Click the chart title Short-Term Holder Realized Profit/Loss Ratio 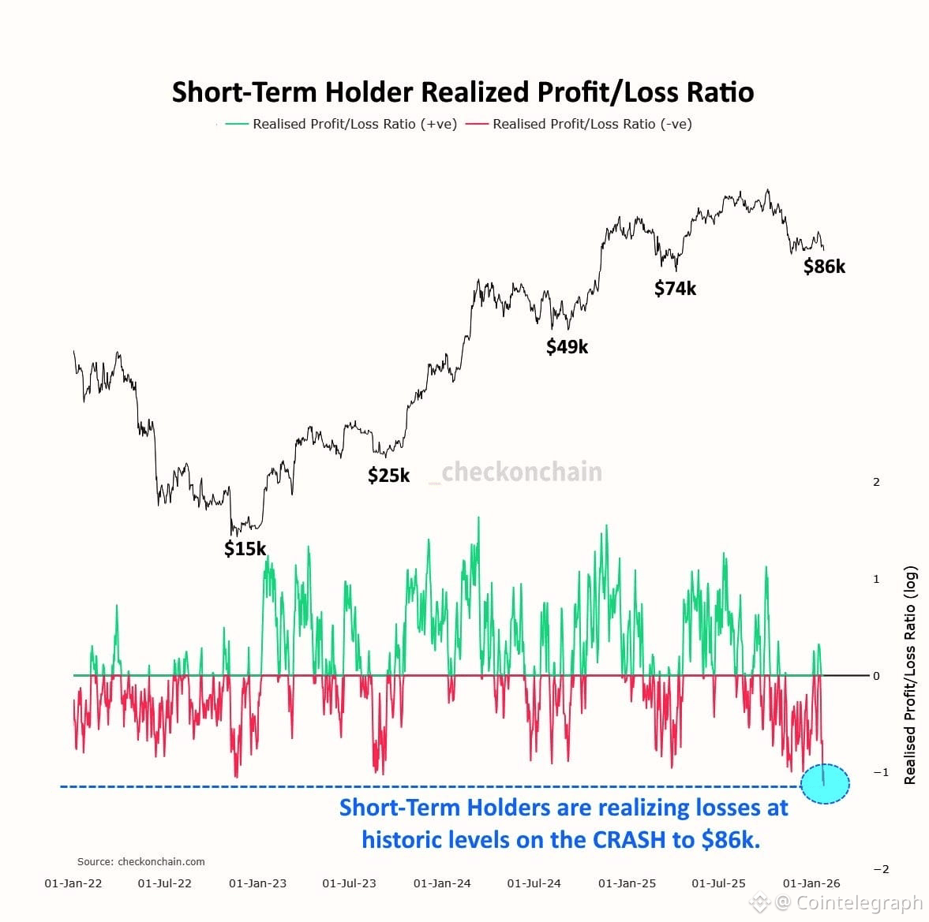(463, 92)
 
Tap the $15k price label (245, 548)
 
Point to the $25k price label (389, 475)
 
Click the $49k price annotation (568, 346)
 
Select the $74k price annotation (676, 289)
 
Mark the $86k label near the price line (824, 267)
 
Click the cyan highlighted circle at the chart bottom (825, 784)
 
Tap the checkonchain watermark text (521, 472)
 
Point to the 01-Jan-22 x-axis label (73, 883)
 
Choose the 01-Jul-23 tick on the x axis (350, 883)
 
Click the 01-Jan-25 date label (627, 883)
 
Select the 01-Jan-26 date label (811, 883)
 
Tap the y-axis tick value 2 (876, 482)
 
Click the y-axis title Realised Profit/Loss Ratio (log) (910, 675)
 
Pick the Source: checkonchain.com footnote (141, 861)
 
